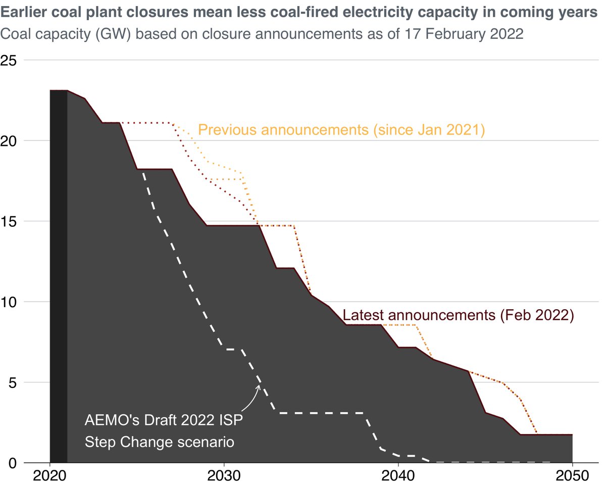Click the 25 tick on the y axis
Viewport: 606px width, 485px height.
(11, 60)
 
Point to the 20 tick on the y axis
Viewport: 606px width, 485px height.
(11, 140)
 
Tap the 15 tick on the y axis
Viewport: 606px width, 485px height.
(11, 221)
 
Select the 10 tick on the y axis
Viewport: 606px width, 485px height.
(11, 302)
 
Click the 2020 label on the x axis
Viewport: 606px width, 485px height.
(49, 476)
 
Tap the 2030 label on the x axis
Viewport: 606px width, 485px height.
(224, 476)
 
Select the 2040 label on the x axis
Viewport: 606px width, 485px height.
(398, 476)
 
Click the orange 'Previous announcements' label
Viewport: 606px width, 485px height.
(341, 130)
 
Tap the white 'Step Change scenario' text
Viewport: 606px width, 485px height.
(159, 442)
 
